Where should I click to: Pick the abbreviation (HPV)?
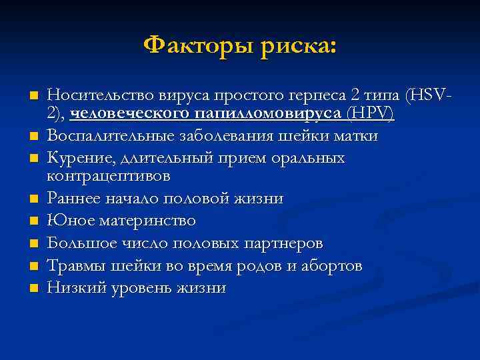(x=370, y=114)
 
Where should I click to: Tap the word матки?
(x=358, y=136)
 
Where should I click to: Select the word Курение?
(x=79, y=158)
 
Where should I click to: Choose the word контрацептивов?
(x=109, y=177)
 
